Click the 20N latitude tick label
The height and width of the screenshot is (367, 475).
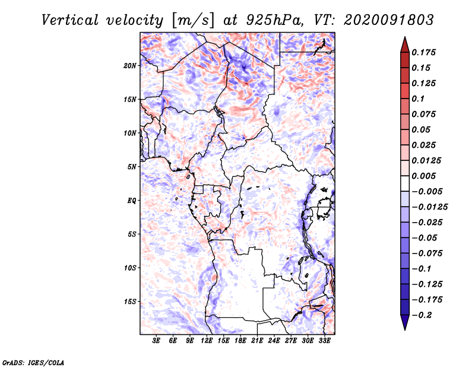point(130,65)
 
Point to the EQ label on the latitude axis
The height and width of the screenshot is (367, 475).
point(132,201)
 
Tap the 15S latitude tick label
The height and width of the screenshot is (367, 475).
point(130,302)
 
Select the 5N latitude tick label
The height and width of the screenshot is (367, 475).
point(132,167)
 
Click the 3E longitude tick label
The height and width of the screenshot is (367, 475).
point(157,341)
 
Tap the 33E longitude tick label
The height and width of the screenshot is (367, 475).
point(324,341)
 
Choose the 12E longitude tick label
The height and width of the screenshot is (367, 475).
point(207,341)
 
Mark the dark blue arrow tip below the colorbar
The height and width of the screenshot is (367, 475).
point(404,328)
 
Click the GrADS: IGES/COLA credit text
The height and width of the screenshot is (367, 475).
point(33,361)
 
